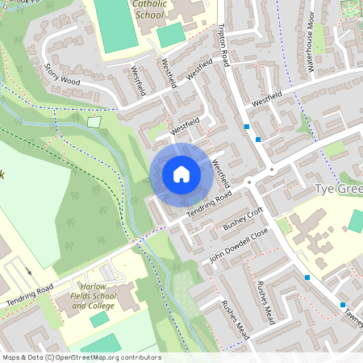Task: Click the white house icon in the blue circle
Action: coord(181,173)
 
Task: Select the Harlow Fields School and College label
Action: coord(98,296)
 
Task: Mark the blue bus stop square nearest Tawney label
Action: coord(343,305)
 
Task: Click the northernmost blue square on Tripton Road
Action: coord(247,127)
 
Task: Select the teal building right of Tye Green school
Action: coord(356,220)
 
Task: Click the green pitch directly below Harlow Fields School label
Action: coord(99,319)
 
